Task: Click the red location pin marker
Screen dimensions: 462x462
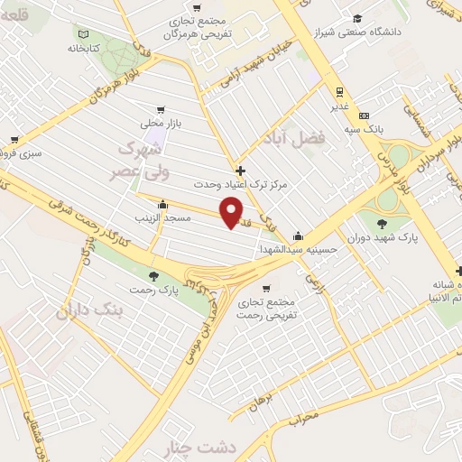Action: pos(233,213)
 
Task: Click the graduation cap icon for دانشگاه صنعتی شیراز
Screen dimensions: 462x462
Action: pos(358,18)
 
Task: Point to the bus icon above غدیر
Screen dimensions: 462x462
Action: pos(340,91)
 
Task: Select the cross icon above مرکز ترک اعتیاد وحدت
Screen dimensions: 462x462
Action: pos(239,169)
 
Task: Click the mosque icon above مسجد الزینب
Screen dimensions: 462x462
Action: pos(162,204)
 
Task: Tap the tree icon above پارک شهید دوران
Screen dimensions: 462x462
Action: pos(382,222)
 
